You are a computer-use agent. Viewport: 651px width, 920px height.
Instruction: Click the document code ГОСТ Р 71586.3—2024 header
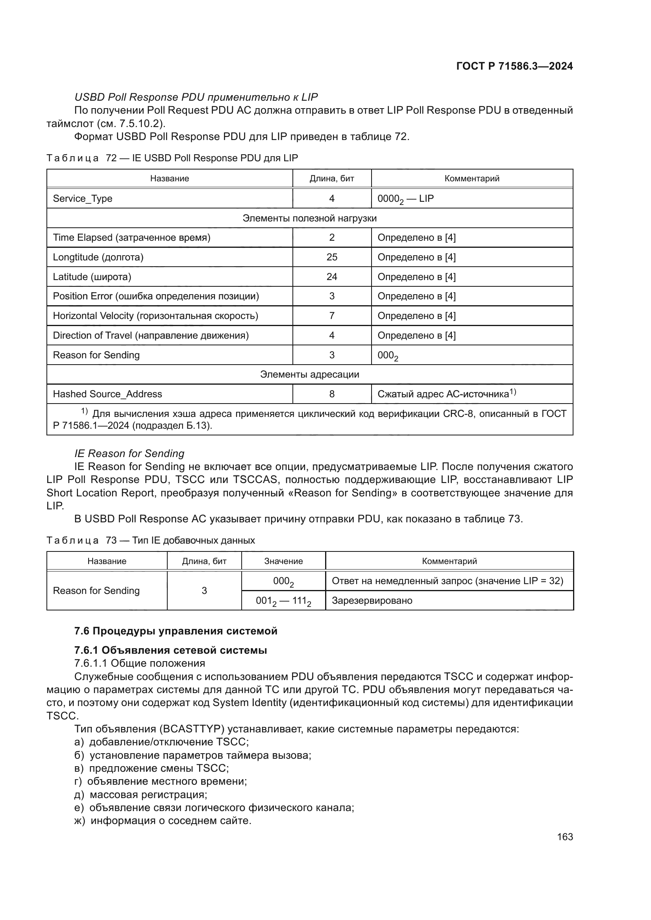pyautogui.click(x=514, y=66)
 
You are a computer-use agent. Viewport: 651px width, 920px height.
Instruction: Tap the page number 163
pyautogui.click(x=565, y=837)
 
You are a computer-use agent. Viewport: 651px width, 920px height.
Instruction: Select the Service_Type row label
pyautogui.click(x=83, y=198)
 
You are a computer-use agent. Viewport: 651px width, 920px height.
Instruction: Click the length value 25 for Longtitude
pyautogui.click(x=331, y=257)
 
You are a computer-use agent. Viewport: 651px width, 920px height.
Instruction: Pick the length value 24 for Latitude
pyautogui.click(x=331, y=277)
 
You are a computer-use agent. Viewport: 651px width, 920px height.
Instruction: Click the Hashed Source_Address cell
pyautogui.click(x=107, y=394)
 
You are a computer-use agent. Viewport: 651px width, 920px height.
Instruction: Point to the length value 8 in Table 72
pyautogui.click(x=331, y=394)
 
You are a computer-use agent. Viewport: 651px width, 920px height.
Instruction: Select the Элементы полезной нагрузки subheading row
pyautogui.click(x=309, y=218)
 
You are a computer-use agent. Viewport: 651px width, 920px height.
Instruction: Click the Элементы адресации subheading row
pyautogui.click(x=309, y=374)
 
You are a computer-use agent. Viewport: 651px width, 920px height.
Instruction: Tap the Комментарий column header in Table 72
pyautogui.click(x=472, y=178)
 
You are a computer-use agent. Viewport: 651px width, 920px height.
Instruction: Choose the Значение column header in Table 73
pyautogui.click(x=283, y=561)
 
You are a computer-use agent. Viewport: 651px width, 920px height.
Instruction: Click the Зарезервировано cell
pyautogui.click(x=372, y=600)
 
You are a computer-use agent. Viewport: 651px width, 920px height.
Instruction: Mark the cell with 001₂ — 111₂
pyautogui.click(x=283, y=601)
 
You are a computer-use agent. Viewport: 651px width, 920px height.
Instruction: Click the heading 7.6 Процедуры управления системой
pyautogui.click(x=176, y=631)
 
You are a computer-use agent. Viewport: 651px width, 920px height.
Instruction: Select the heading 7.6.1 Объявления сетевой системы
pyautogui.click(x=171, y=650)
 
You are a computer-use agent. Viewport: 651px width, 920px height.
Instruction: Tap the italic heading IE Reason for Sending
pyautogui.click(x=129, y=453)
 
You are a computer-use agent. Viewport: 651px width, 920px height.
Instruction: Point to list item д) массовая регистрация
pyautogui.click(x=141, y=794)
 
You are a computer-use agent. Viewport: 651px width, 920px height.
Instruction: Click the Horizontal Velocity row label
pyautogui.click(x=155, y=316)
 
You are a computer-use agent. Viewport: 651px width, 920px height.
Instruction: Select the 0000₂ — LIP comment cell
pyautogui.click(x=406, y=199)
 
